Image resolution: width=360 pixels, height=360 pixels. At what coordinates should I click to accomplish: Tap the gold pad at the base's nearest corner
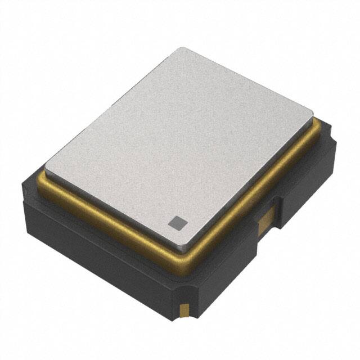[184, 309]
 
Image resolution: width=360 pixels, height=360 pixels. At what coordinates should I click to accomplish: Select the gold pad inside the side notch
[264, 222]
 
